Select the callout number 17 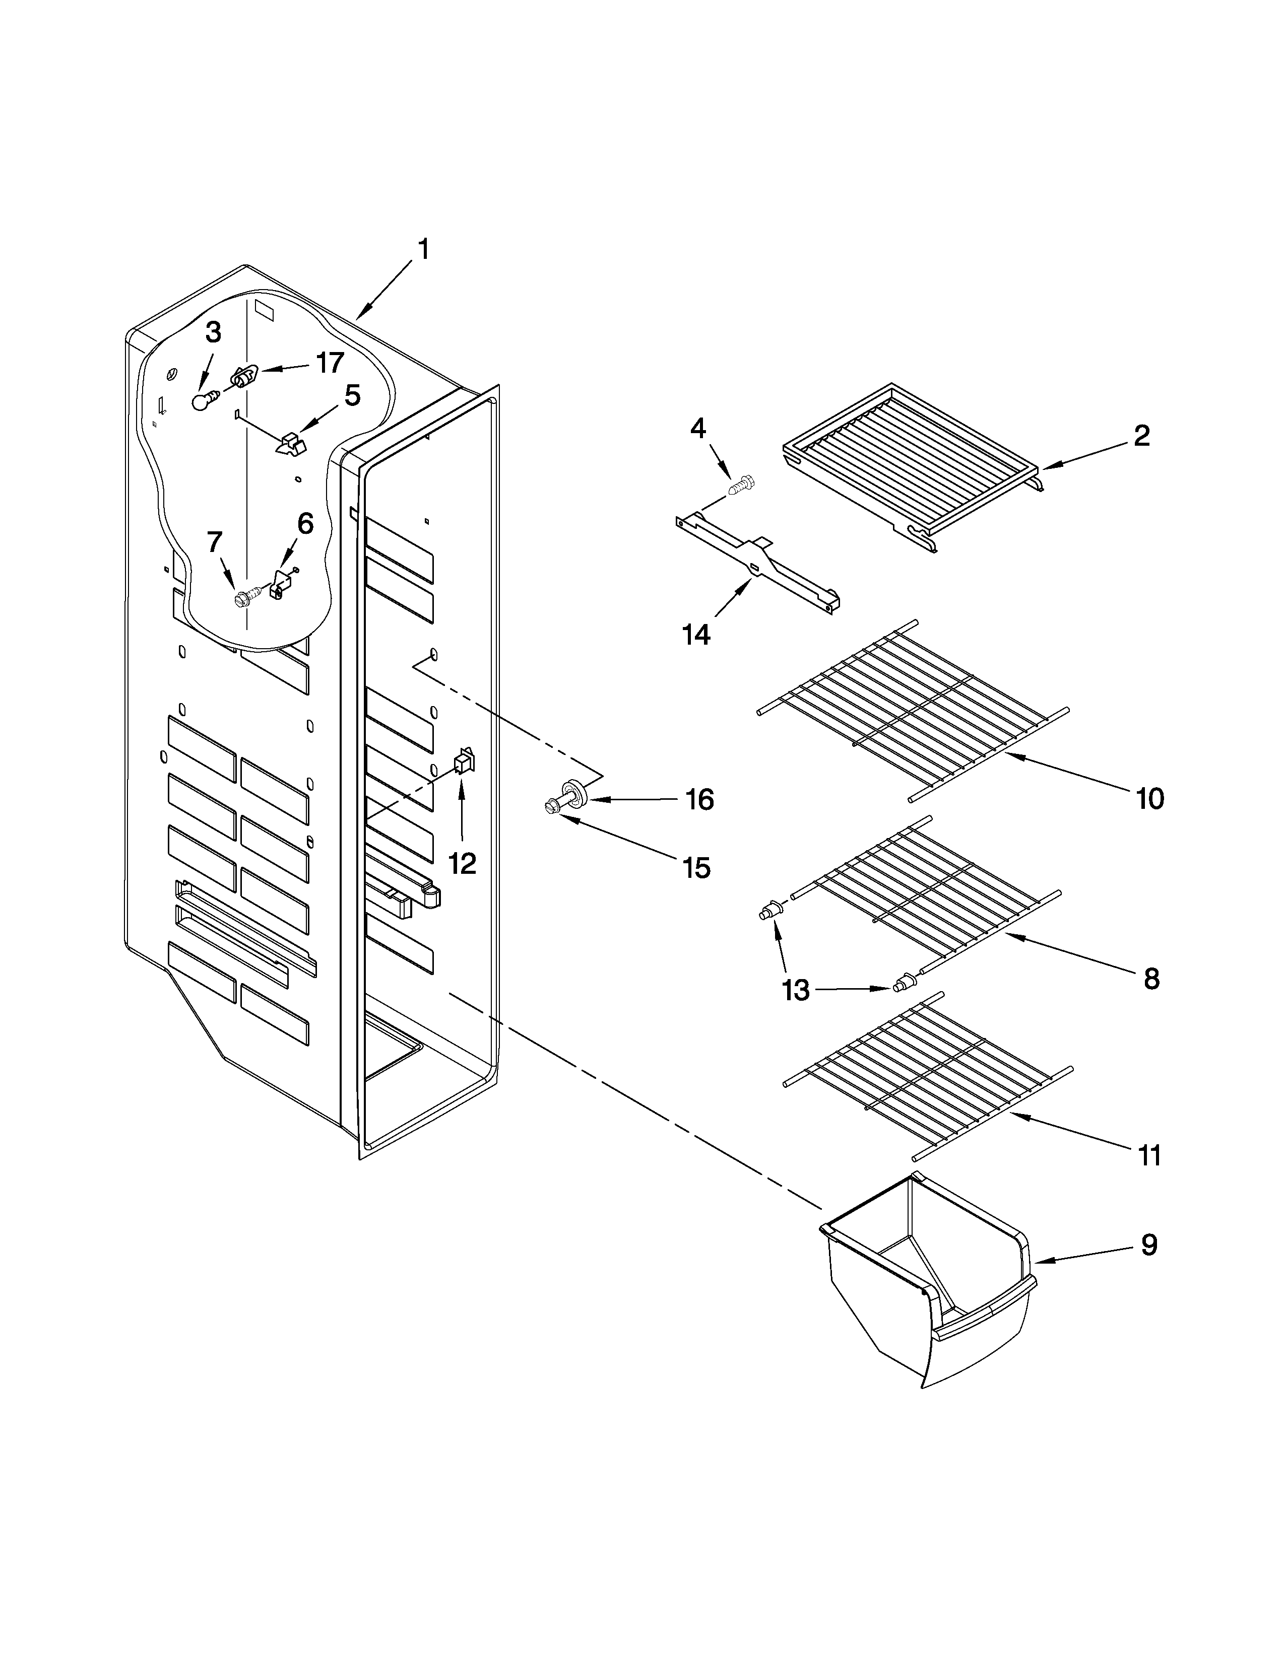coord(330,363)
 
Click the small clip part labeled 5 coord(289,444)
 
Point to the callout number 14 coord(696,633)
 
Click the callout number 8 coord(1151,978)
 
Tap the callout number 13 coord(796,990)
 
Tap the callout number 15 coord(696,868)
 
